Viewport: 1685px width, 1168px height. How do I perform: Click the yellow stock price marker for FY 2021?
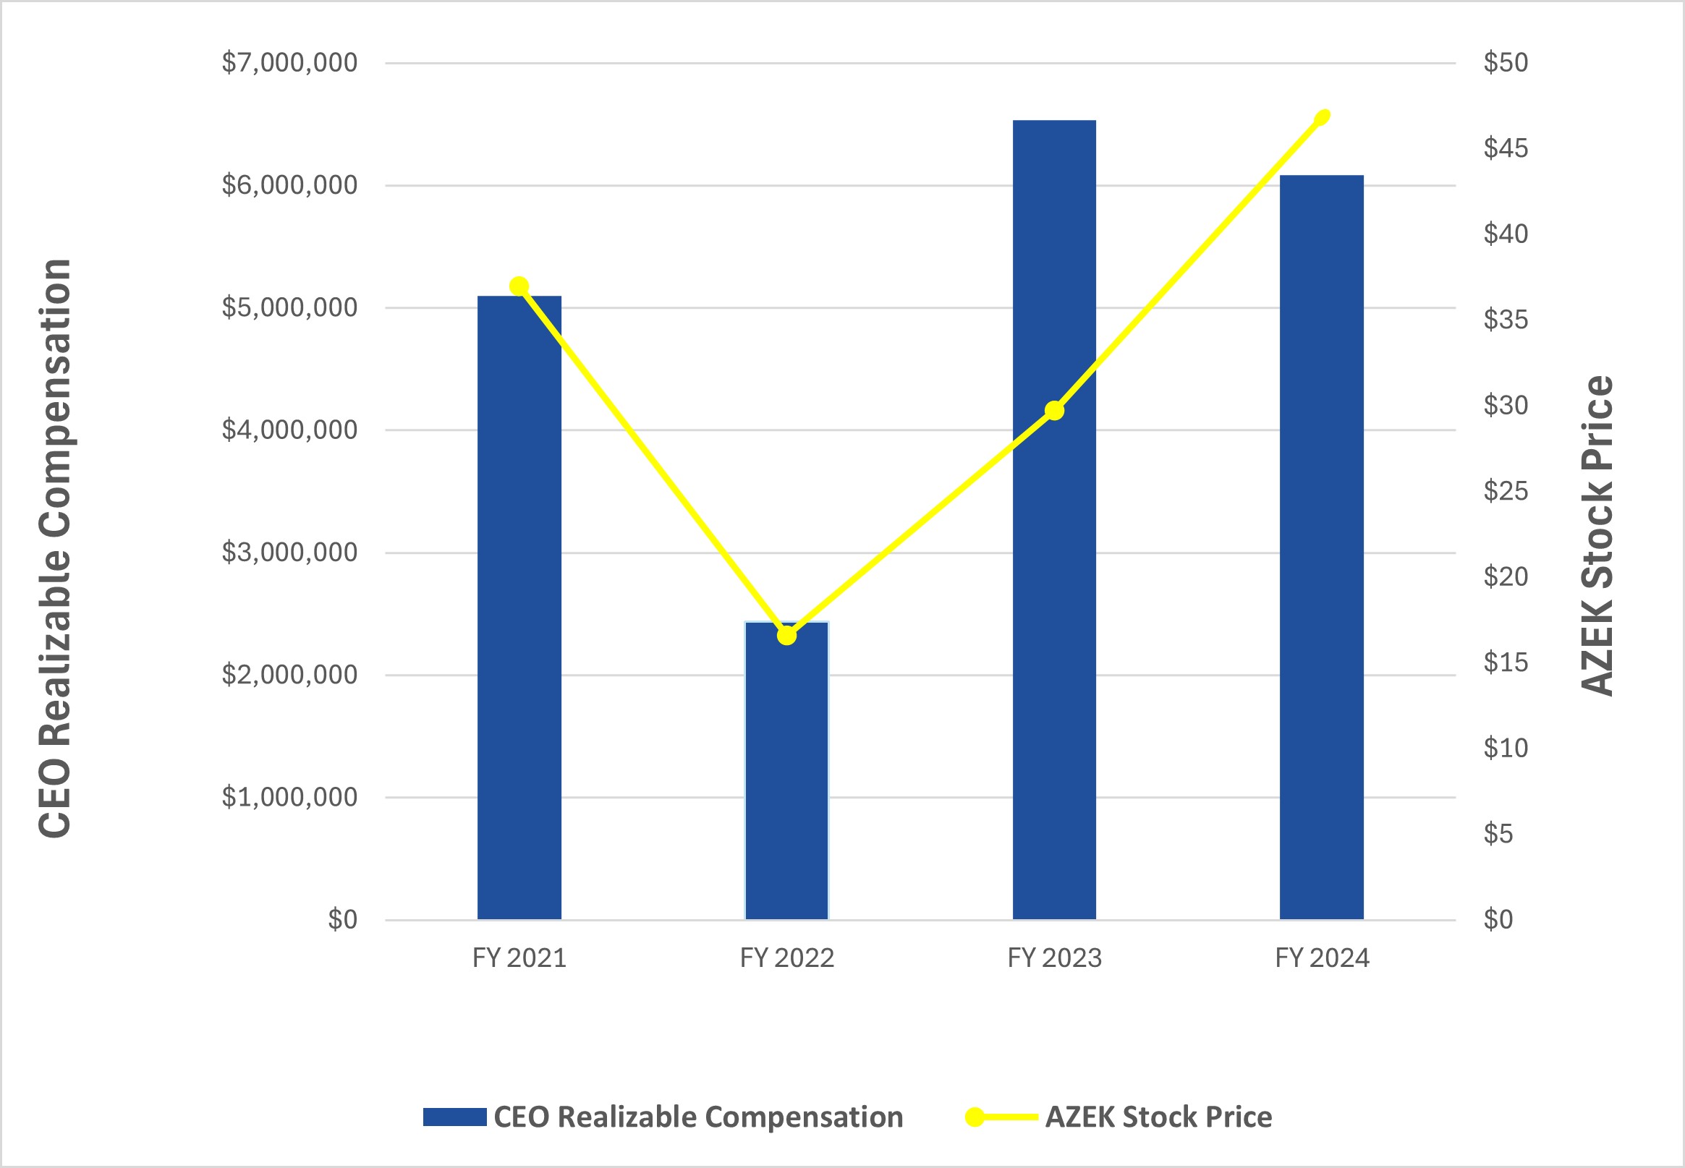(x=519, y=286)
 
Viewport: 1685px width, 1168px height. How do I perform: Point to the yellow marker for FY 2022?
(x=786, y=636)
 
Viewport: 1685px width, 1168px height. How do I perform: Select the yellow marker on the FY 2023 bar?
(x=1054, y=411)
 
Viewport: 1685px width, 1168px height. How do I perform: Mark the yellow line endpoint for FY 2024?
(x=1322, y=117)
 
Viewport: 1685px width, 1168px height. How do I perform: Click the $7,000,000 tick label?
(x=289, y=63)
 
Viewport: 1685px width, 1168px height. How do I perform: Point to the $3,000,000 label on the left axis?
(x=289, y=553)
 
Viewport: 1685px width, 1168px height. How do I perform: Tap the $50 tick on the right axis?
(x=1506, y=63)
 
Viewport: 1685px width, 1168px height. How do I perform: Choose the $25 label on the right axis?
(x=1506, y=491)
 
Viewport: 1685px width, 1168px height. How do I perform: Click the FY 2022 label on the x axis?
(x=787, y=958)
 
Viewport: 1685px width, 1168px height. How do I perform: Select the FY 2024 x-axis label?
(x=1322, y=958)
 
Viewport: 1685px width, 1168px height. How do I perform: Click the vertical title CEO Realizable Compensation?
(x=56, y=549)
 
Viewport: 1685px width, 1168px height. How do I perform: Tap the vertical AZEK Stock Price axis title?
(x=1597, y=535)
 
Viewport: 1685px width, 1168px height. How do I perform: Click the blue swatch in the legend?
(x=454, y=1117)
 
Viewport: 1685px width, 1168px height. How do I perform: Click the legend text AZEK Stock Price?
(x=1159, y=1117)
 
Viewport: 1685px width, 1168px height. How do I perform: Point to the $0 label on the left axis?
(x=342, y=919)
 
